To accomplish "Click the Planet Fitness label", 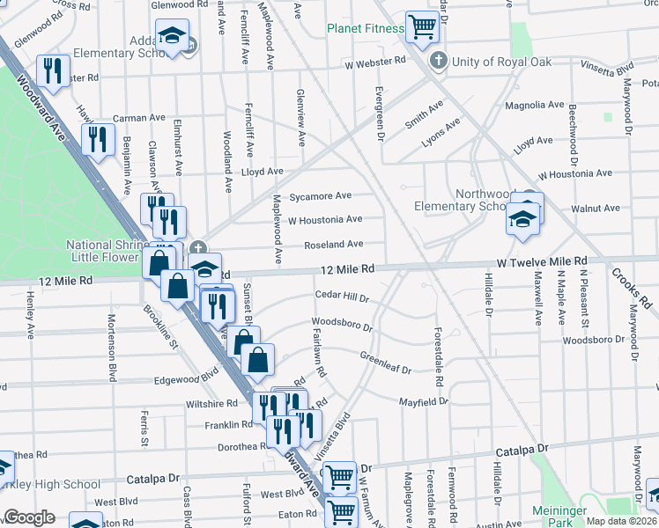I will click(x=365, y=28).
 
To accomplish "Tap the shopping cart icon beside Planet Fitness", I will click(x=422, y=26).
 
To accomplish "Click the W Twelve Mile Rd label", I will click(x=541, y=262).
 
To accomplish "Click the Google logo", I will click(x=29, y=517).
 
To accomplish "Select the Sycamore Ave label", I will click(x=321, y=195).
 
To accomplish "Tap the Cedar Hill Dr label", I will click(x=342, y=297).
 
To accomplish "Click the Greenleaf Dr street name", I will click(x=385, y=363).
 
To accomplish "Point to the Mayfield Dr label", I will click(x=423, y=400).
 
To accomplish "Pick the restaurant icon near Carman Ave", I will click(x=98, y=138).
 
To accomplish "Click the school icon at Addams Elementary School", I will click(x=171, y=36).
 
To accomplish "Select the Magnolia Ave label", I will click(x=534, y=105).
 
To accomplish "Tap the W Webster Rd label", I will click(x=375, y=62).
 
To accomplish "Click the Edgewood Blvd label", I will click(x=186, y=381).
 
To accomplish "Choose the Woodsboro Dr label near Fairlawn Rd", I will click(x=342, y=325).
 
